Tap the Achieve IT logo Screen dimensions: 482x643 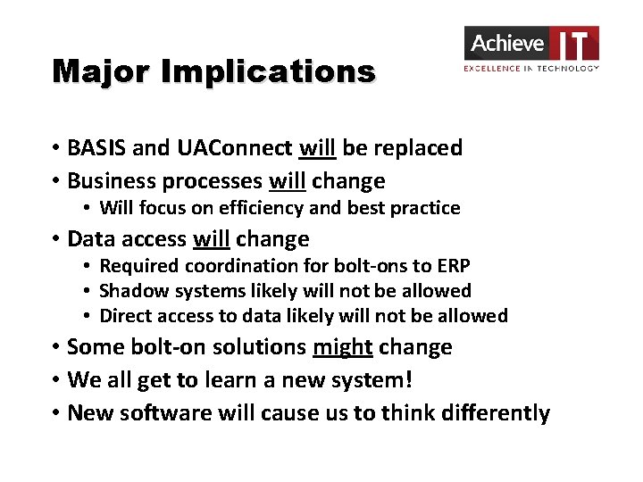531,44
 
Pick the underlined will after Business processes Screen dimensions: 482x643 287,181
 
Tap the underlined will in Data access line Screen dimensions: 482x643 211,239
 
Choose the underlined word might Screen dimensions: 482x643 343,347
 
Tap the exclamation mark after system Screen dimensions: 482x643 409,380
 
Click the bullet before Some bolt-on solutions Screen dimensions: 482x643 55,347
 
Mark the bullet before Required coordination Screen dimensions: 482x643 88,266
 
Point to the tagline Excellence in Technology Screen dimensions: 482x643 531,68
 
